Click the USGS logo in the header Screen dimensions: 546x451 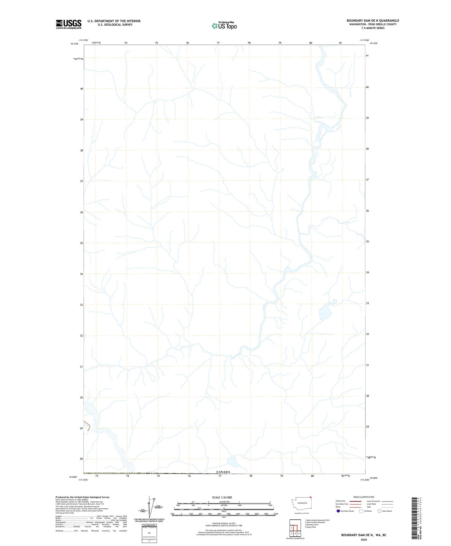[69, 24]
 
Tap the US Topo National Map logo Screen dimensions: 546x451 [224, 26]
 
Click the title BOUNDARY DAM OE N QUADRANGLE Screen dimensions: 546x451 [373, 20]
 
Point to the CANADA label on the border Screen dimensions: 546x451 [223, 472]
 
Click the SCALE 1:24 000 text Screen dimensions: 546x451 [222, 497]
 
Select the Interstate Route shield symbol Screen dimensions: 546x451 [338, 511]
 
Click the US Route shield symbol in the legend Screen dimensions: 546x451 [361, 511]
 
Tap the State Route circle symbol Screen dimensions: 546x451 [379, 511]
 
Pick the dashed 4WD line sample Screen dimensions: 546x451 [387, 507]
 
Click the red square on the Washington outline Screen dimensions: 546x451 [311, 497]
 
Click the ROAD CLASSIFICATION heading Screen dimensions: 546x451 [364, 497]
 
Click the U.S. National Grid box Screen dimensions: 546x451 [149, 533]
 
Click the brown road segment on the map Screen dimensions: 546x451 [87, 425]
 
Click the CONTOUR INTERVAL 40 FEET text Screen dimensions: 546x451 [224, 523]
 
